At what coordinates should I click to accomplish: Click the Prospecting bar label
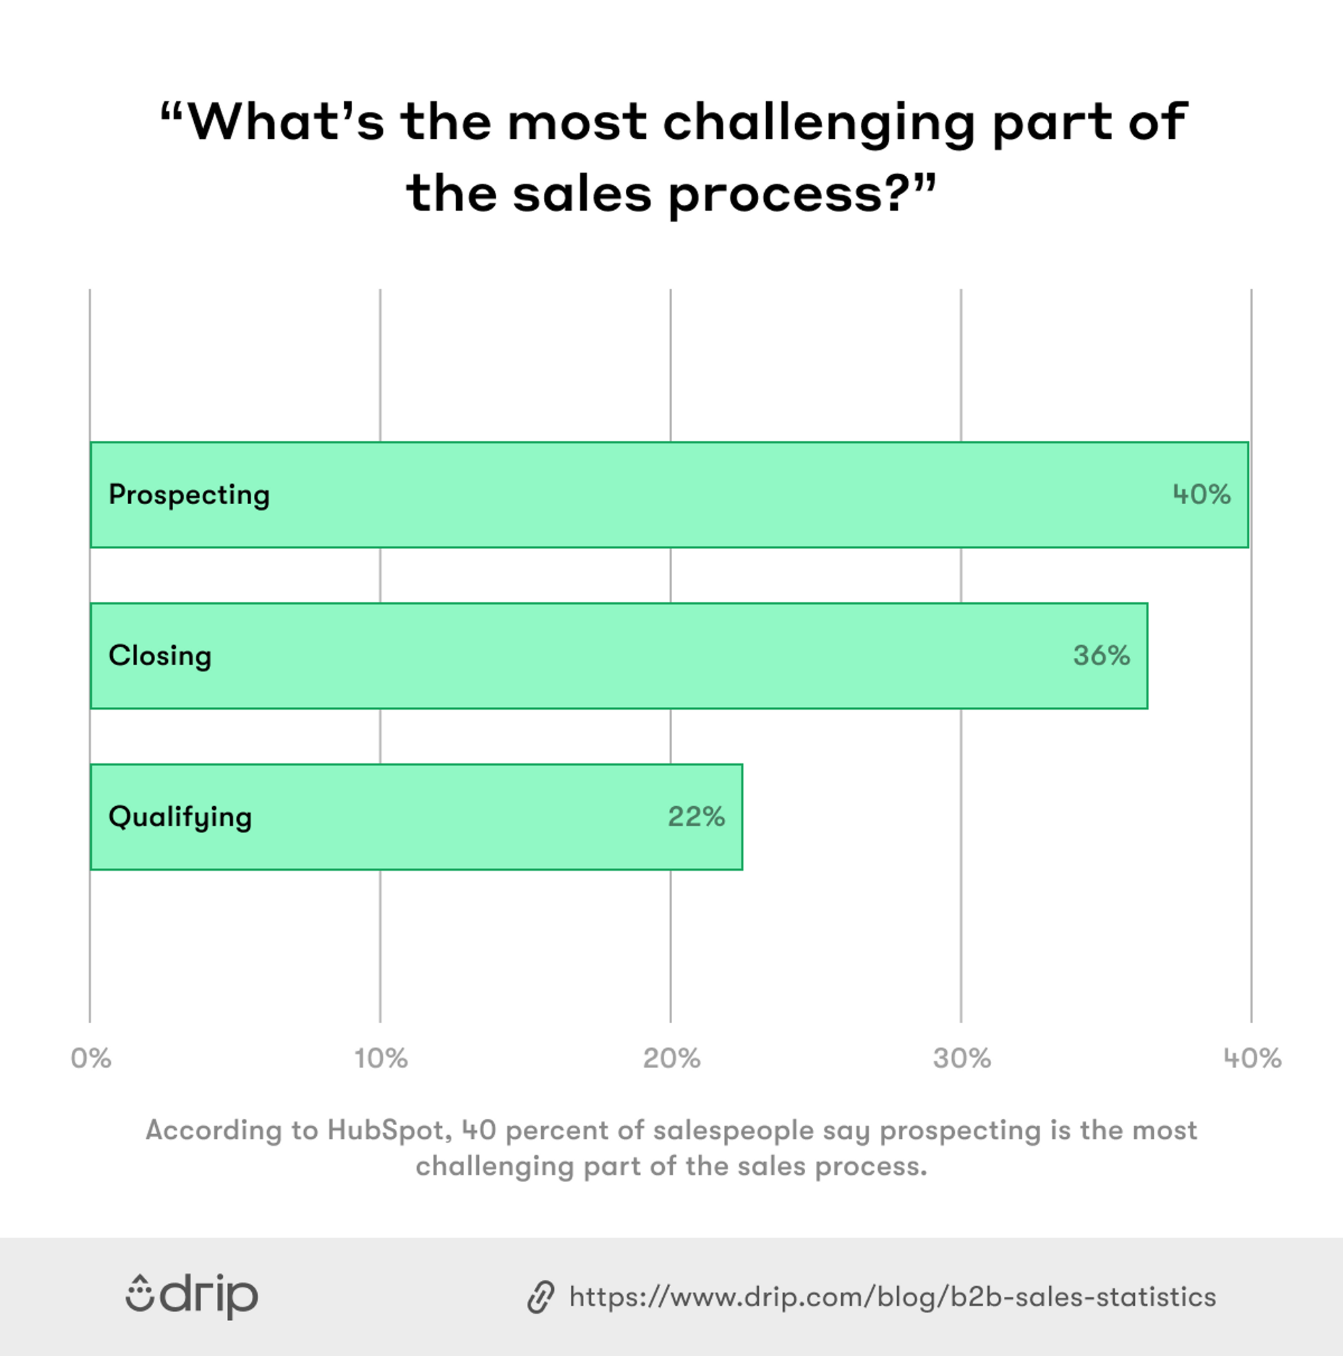(189, 495)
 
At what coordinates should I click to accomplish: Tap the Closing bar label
(160, 657)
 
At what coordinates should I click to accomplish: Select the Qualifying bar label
(181, 818)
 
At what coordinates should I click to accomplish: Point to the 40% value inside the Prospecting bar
(1201, 495)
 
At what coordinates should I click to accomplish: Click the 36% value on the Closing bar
(1101, 656)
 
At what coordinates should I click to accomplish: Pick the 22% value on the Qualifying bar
(696, 817)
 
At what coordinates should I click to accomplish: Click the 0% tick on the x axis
(91, 1059)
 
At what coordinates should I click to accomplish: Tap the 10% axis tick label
(381, 1059)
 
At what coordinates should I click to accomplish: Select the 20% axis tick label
(671, 1059)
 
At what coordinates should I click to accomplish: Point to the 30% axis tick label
(962, 1059)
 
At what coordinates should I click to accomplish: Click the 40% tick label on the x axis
(1252, 1059)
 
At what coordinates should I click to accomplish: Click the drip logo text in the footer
(210, 1296)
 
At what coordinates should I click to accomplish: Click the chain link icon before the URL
(541, 1297)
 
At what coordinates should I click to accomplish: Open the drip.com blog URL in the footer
(892, 1297)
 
